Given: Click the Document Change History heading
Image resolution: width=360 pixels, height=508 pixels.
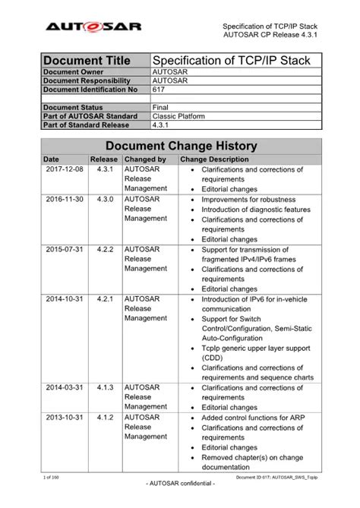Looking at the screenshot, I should click(x=182, y=146).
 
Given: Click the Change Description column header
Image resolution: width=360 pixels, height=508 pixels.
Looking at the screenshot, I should click(x=214, y=160).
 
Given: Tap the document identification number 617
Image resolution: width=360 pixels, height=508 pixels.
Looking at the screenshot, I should click(x=159, y=89).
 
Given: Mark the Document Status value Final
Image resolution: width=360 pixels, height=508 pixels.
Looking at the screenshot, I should click(x=160, y=108).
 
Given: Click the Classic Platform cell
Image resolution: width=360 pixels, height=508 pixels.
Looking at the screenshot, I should click(x=181, y=116).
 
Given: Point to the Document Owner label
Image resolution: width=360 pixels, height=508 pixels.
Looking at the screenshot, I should click(x=74, y=72).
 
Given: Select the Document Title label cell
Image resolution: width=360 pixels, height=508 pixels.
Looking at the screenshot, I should click(x=86, y=60).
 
